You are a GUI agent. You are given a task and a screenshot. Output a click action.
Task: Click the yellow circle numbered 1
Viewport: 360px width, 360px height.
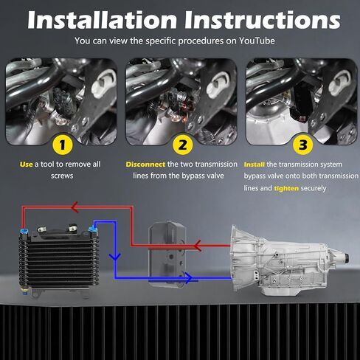[63, 145]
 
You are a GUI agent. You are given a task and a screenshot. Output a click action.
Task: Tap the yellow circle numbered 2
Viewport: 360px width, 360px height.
[182, 145]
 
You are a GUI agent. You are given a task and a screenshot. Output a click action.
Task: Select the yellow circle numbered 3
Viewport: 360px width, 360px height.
[303, 145]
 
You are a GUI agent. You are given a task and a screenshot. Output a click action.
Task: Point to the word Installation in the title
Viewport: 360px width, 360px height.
[103, 20]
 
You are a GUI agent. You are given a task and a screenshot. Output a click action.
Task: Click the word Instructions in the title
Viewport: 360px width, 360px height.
[263, 20]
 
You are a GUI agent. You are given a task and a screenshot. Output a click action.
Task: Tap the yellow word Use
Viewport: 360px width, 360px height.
[27, 165]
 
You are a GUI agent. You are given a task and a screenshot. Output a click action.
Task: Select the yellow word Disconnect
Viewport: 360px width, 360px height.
[145, 165]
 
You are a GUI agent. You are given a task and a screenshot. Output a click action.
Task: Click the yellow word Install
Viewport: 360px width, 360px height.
[255, 165]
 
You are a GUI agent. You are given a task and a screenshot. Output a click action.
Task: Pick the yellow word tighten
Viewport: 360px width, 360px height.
[286, 188]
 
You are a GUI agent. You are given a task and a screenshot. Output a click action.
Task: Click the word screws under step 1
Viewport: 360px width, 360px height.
[62, 176]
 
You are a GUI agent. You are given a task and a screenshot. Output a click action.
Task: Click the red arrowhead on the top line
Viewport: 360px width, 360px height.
[75, 207]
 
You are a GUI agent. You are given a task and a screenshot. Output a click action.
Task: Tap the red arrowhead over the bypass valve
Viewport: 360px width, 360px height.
[198, 246]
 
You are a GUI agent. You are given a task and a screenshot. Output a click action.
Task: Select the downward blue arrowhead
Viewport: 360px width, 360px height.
[115, 257]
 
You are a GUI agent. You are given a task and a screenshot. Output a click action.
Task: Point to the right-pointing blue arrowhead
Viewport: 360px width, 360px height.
[189, 278]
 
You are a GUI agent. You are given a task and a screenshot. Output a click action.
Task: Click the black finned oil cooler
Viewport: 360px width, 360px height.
[59, 260]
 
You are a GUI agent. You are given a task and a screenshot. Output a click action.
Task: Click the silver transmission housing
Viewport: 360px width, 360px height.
[288, 260]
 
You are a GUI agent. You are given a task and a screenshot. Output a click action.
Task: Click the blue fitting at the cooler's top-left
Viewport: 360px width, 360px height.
[24, 231]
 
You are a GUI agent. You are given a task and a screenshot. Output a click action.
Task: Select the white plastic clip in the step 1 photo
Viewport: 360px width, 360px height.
[104, 83]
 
